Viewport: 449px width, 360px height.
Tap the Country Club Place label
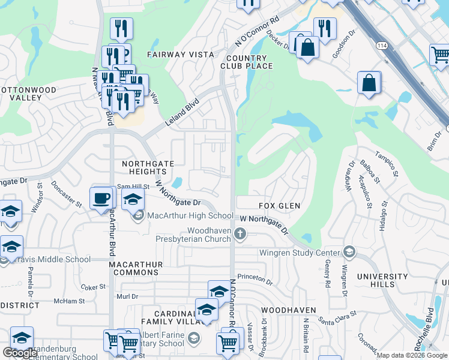click(246, 62)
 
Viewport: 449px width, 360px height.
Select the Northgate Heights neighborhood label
click(148, 167)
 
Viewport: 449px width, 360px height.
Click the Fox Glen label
click(279, 206)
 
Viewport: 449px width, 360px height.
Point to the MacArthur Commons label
click(130, 268)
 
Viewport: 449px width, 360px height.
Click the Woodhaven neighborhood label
click(289, 310)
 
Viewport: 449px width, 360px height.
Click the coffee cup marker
click(101, 197)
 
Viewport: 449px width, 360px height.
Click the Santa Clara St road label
click(337, 317)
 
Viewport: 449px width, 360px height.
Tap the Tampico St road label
click(387, 164)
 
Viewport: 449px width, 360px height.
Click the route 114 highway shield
click(382, 46)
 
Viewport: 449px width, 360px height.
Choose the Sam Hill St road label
click(133, 187)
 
